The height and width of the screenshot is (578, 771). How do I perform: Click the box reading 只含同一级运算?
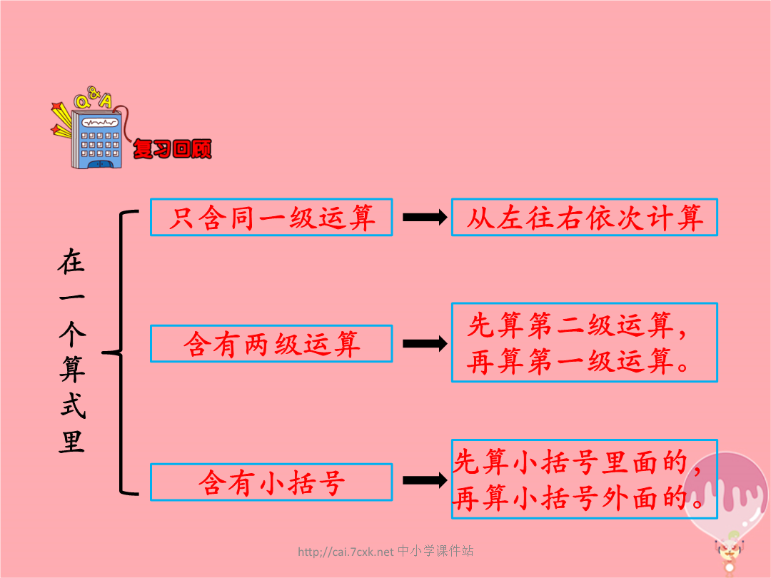(271, 217)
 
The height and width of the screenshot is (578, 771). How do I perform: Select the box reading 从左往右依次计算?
(585, 217)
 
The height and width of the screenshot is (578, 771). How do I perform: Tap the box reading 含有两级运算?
(271, 343)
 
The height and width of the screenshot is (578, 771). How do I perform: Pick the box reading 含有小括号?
(271, 482)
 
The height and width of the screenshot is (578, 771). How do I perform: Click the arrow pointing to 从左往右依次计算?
(425, 217)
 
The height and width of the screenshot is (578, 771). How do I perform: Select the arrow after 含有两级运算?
(425, 343)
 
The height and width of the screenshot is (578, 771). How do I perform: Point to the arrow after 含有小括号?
(425, 480)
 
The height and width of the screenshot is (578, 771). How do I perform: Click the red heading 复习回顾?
(172, 149)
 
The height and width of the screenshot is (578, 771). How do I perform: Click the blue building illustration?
(96, 138)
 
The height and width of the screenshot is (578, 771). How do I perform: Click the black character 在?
(72, 261)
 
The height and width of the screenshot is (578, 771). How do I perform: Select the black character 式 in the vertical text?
(72, 405)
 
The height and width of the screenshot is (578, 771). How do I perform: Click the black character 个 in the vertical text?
(72, 333)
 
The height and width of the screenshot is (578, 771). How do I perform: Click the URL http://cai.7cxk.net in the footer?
(346, 552)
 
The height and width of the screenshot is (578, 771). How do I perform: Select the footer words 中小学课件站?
(435, 551)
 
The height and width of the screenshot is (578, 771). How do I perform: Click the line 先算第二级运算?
(570, 325)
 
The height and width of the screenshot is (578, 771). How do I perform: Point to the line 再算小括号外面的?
(570, 498)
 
